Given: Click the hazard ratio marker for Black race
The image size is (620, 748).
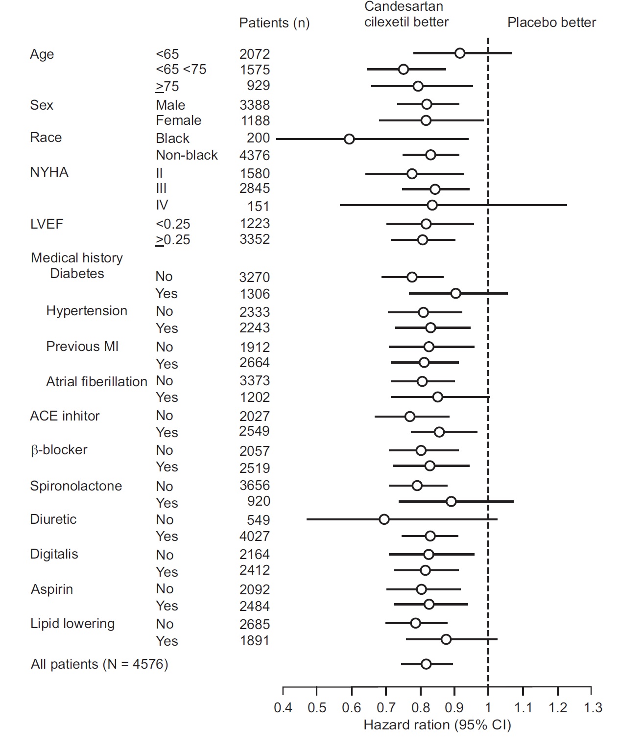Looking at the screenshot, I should tap(349, 139).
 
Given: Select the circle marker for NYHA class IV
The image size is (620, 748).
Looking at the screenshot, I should tap(432, 205).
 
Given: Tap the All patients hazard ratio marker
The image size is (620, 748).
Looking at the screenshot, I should tap(426, 664).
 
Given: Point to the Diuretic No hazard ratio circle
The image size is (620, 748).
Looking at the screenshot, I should tap(384, 519).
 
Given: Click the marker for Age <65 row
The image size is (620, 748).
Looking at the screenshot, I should tap(459, 53).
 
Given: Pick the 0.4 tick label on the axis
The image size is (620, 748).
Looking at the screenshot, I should tap(283, 707).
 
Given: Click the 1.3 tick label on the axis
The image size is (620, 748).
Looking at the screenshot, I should tap(593, 707).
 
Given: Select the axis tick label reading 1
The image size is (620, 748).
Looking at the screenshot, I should tap(488, 707).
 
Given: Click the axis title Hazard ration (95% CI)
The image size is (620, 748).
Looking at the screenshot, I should tap(437, 725).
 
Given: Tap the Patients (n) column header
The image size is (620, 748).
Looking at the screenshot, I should tap(274, 23).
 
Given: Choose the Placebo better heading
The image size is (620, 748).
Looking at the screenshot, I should tap(551, 23).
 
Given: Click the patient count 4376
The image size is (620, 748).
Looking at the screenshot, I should tap(255, 155).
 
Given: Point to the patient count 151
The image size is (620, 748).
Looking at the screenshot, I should tap(258, 206).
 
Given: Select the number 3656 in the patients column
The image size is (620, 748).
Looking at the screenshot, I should tap(255, 485).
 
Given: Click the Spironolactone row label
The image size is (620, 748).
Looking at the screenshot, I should tap(76, 486).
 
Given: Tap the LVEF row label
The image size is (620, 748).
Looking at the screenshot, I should tap(47, 224).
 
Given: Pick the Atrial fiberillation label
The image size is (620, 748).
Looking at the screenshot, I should tap(96, 381).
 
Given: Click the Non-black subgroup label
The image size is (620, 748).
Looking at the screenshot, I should tap(187, 155).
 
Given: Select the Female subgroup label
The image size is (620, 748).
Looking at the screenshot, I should tap(178, 120).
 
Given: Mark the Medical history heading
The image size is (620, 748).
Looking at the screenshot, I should tap(77, 257).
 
